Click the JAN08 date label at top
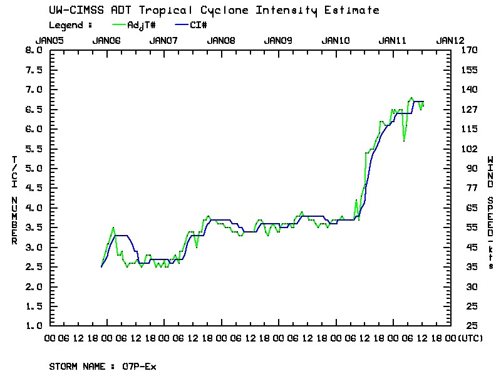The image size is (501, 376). (220, 40)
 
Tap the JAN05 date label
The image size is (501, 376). (49, 40)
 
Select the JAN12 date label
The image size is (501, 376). (450, 40)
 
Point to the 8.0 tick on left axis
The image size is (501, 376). (32, 50)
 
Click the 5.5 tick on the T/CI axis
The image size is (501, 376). (32, 149)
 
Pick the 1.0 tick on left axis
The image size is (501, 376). (32, 326)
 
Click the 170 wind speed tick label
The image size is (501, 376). (468, 50)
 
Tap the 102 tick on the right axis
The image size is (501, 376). (468, 149)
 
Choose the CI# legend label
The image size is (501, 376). (199, 25)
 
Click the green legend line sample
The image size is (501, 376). (119, 25)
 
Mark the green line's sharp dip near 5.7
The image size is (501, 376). (404, 141)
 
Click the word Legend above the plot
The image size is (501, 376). (66, 25)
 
